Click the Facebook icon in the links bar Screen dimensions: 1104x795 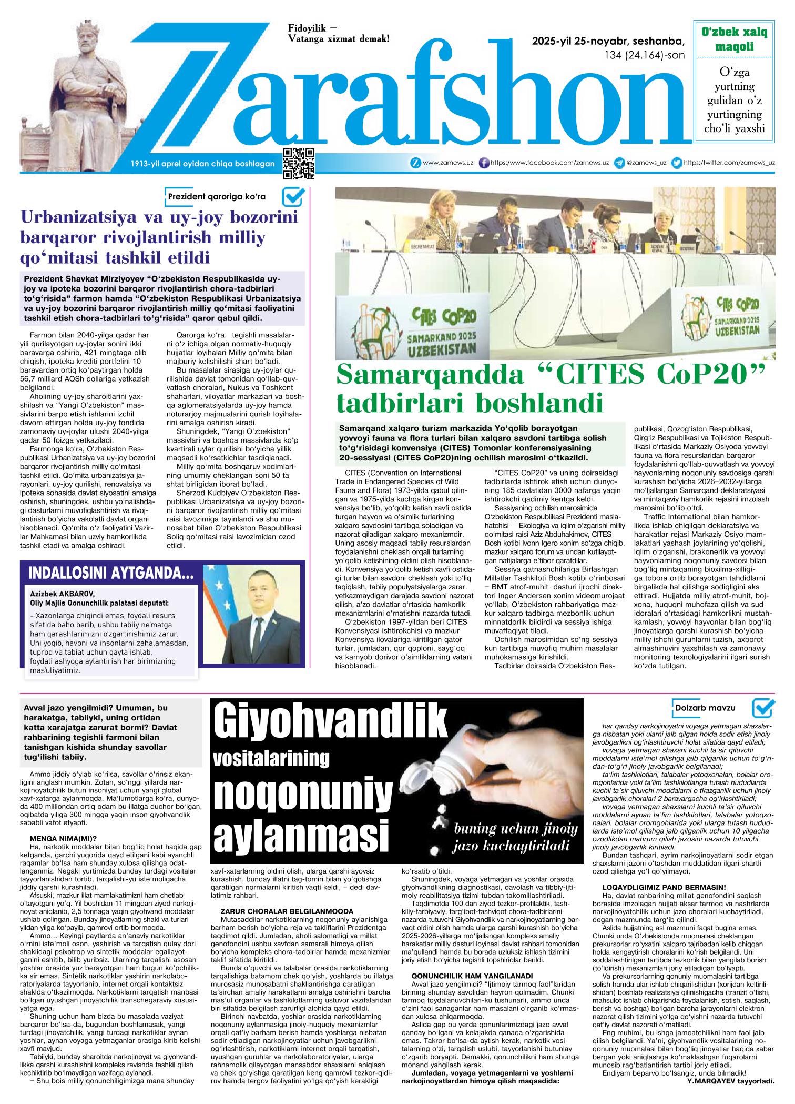[x=484, y=163]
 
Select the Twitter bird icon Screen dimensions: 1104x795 [x=678, y=163]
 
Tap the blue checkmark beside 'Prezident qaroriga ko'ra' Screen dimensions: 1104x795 [x=293, y=196]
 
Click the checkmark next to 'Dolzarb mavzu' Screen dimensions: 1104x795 [x=763, y=707]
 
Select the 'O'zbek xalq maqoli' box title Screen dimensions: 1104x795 [x=734, y=39]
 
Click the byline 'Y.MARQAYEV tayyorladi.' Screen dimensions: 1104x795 [x=731, y=1092]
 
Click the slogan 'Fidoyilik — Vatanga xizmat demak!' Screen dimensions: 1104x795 [x=339, y=33]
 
